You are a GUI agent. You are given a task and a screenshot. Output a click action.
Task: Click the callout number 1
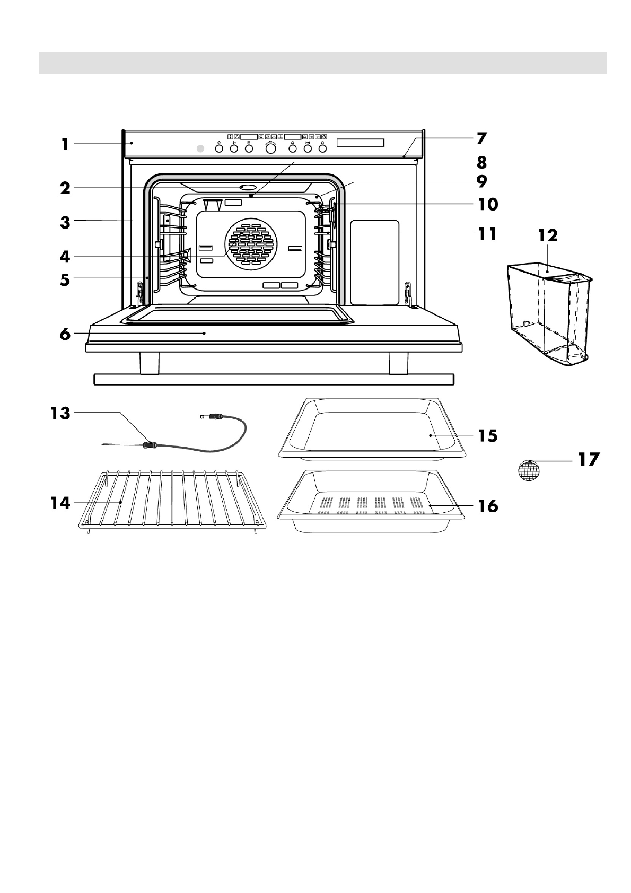[64, 143]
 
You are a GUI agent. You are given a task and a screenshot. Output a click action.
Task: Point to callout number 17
[588, 459]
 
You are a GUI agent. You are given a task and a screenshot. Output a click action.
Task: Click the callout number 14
[60, 502]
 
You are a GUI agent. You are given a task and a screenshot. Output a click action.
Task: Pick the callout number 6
[64, 335]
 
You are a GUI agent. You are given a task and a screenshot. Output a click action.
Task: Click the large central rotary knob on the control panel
[270, 149]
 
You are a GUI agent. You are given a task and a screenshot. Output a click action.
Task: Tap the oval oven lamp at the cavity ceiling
[248, 187]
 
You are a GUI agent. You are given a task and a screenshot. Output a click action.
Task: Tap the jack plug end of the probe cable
[209, 417]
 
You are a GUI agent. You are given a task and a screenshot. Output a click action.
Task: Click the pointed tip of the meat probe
[104, 444]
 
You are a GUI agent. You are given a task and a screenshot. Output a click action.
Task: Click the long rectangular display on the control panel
[360, 143]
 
